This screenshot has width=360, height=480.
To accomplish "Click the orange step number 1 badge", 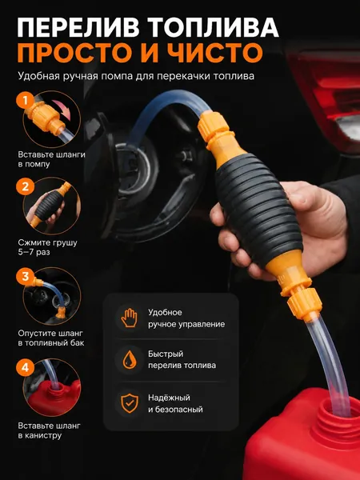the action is [25, 100].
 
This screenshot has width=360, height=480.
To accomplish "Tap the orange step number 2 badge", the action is [25, 186].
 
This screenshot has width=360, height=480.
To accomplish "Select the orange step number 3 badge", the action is [25, 277].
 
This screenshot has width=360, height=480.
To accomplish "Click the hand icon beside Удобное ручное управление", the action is [129, 318].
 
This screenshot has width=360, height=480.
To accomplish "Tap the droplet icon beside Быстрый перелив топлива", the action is [129, 360].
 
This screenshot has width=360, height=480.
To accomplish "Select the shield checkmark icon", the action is [129, 403].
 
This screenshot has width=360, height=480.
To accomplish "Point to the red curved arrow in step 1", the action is [62, 109].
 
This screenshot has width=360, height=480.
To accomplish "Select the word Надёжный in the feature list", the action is [169, 398].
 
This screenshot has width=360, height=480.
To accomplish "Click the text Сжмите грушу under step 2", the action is [47, 243].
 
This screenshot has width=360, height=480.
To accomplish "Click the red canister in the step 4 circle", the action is [54, 397].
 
